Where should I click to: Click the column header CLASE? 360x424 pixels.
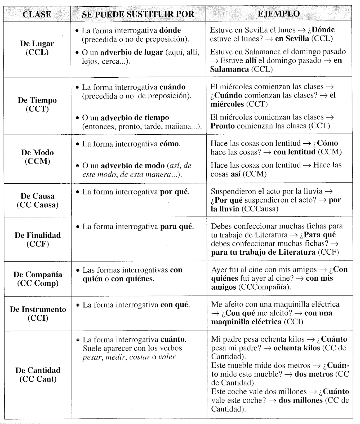tap(37, 14)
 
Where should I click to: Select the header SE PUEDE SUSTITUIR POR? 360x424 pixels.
tap(138, 14)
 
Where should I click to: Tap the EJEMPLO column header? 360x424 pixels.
tap(279, 14)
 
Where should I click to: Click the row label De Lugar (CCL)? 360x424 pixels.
tap(37, 48)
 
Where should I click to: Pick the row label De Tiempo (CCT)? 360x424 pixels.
tap(37, 104)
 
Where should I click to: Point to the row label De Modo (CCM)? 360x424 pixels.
tap(37, 157)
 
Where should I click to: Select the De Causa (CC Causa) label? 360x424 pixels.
tap(38, 200)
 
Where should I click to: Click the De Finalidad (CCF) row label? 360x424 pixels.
tap(38, 239)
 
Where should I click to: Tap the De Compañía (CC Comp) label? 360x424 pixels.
tap(38, 279)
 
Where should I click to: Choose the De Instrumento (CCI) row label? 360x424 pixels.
tap(38, 313)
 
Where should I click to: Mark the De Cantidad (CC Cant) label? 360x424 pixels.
tap(38, 374)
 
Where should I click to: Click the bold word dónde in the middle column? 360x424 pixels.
tap(170, 30)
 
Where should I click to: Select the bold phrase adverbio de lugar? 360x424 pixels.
tap(132, 52)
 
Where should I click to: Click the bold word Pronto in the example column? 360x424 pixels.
tap(223, 126)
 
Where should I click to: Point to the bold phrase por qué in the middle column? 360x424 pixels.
tap(174, 192)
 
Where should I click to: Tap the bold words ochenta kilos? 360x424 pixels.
tap(297, 348)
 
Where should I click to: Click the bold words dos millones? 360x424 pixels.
tap(301, 400)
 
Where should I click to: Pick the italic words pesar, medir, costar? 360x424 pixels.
tap(116, 357)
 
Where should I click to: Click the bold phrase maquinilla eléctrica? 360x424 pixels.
tap(246, 322)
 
